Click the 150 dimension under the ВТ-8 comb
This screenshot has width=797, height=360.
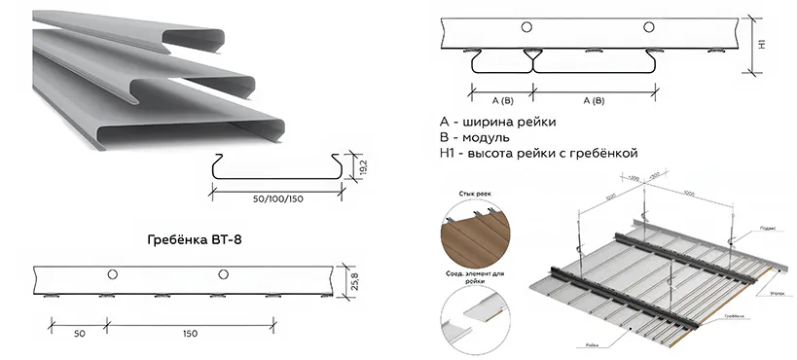(x=189, y=333)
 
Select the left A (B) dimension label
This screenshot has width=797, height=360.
(x=502, y=100)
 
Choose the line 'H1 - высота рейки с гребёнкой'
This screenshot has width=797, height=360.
(x=538, y=154)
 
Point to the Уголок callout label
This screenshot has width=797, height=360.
(x=774, y=291)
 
